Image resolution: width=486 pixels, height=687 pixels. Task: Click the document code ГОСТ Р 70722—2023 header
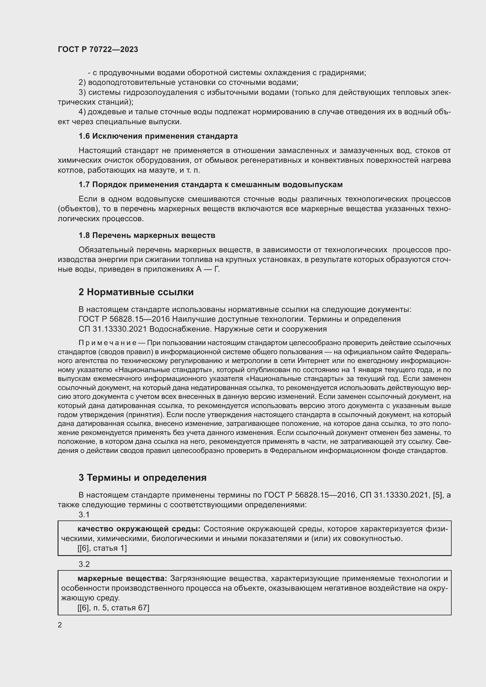(x=98, y=49)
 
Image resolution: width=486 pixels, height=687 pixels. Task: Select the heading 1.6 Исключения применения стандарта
(x=158, y=136)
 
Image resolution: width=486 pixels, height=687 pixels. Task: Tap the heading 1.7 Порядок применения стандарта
(x=210, y=185)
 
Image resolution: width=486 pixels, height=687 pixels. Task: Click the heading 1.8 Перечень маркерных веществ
(x=147, y=236)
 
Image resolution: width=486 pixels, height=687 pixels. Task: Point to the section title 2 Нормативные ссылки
(x=136, y=292)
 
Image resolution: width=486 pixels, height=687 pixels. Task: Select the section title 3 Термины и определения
(x=143, y=478)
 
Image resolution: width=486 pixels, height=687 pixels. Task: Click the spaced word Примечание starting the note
(x=108, y=342)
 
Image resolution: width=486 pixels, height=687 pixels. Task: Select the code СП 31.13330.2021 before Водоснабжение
(x=113, y=329)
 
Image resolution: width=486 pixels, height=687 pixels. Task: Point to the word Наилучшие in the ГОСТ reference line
(x=193, y=319)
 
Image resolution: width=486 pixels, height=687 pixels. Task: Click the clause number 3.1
(x=84, y=515)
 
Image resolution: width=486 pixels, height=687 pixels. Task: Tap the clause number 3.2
(x=84, y=564)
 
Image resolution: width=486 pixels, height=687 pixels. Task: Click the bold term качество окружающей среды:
(x=139, y=529)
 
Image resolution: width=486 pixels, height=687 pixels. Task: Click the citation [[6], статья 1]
(x=102, y=548)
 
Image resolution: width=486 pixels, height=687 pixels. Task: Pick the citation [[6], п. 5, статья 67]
(x=113, y=608)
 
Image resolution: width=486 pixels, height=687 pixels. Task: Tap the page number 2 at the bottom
(x=60, y=625)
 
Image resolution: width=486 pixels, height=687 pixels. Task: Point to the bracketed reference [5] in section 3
(x=437, y=495)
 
